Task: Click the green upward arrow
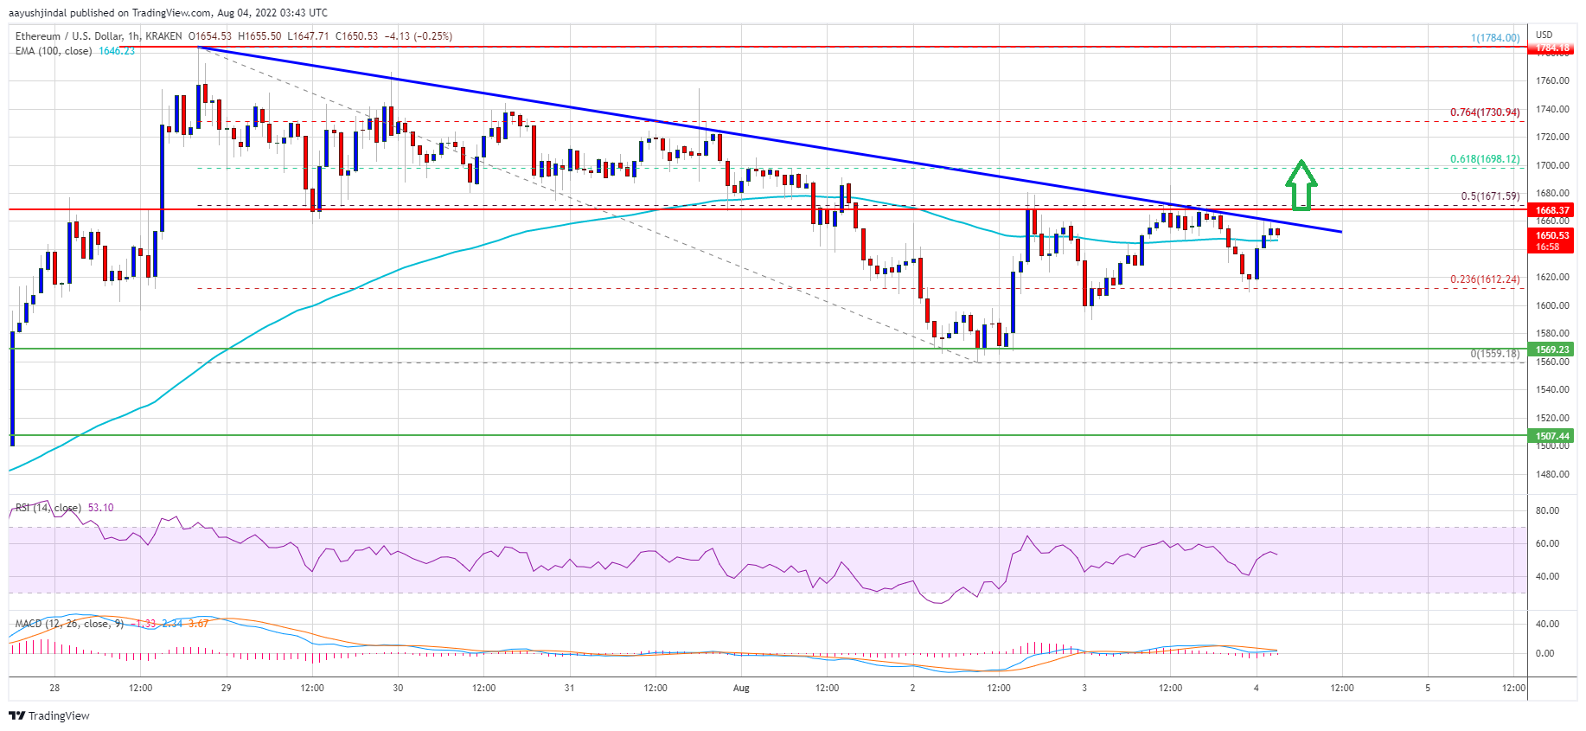1301,184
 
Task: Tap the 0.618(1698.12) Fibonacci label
1484,159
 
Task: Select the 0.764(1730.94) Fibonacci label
1484,112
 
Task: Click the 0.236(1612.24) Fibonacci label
1484,279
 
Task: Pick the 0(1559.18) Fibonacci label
1494,354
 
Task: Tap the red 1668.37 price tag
1552,210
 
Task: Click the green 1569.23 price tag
1552,349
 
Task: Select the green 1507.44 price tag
1552,436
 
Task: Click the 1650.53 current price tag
1552,235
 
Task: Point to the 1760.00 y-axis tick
1552,81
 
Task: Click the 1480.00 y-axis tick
1552,474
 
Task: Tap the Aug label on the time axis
740,689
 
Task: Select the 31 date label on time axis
569,689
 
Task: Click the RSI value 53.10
100,508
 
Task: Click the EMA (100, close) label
54,51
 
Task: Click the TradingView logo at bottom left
49,715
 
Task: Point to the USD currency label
1544,35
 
